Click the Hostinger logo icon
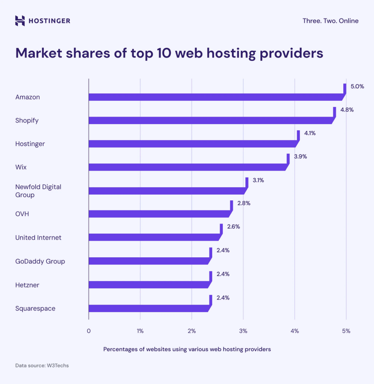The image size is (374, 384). click(20, 21)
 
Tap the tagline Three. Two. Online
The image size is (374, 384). click(330, 21)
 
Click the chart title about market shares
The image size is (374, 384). click(169, 53)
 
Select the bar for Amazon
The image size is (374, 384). click(216, 97)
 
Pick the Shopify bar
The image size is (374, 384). click(210, 120)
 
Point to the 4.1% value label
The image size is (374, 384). click(310, 133)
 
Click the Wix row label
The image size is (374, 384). click(21, 167)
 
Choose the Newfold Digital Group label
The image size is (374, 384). click(38, 190)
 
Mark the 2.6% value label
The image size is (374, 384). click(233, 227)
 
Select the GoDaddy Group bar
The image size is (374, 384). click(148, 261)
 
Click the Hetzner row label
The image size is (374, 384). click(27, 285)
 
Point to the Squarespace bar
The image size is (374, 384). click(148, 308)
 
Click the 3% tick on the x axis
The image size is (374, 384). click(243, 331)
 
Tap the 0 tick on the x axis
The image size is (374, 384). click(89, 331)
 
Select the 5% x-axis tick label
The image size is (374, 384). click(346, 331)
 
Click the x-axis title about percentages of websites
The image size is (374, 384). click(187, 349)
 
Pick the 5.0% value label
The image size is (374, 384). click(357, 86)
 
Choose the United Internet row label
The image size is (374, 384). click(38, 238)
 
